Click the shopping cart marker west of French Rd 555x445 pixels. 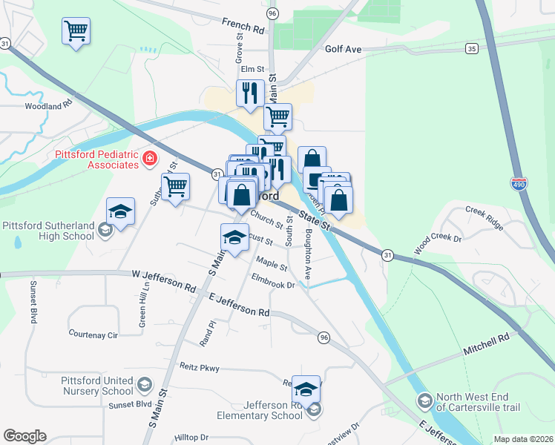click(x=76, y=32)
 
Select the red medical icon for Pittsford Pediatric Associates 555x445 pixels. click(x=149, y=159)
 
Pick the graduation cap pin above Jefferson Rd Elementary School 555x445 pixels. click(x=306, y=389)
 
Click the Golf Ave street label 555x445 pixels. click(x=343, y=49)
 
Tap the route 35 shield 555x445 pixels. click(x=472, y=48)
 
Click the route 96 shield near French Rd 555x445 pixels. click(x=272, y=14)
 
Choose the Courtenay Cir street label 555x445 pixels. click(x=93, y=334)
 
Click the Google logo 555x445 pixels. click(x=24, y=436)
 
